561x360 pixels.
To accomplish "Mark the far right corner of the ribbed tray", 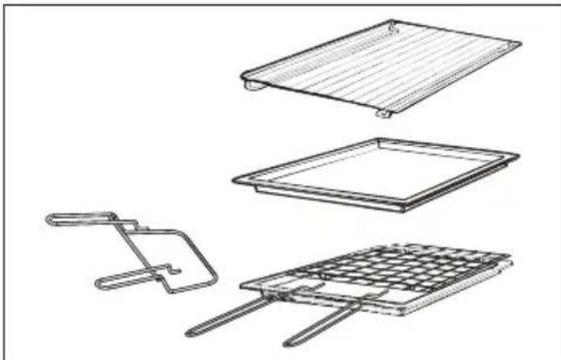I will point(520,42).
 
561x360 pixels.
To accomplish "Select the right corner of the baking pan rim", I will point(518,157).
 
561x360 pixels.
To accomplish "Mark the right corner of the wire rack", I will point(511,260).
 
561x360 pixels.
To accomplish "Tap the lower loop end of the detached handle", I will point(97,282).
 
